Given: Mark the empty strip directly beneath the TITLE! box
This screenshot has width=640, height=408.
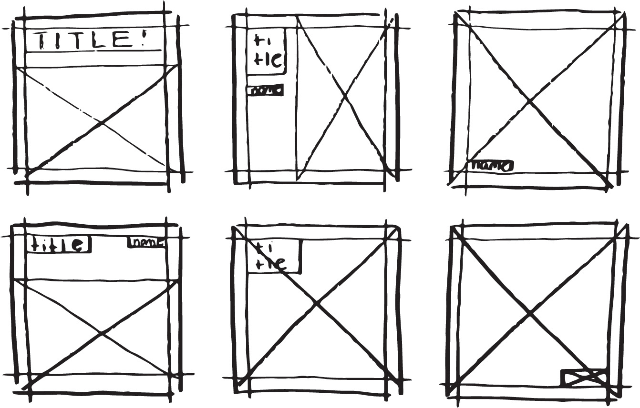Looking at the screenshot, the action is pyautogui.click(x=95, y=59).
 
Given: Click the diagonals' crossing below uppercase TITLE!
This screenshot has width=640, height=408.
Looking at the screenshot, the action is pyautogui.click(x=101, y=123).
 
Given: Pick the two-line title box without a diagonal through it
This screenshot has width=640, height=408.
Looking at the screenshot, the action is pyautogui.click(x=266, y=51).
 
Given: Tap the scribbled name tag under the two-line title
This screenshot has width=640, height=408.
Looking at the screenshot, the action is pyautogui.click(x=265, y=90).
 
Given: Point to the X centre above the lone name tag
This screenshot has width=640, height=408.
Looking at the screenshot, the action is pyautogui.click(x=529, y=101).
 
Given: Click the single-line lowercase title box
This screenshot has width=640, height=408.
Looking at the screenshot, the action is pyautogui.click(x=59, y=245).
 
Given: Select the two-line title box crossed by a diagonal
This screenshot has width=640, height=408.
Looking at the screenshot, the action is pyautogui.click(x=275, y=256).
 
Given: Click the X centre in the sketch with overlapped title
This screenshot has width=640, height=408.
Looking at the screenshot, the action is pyautogui.click(x=315, y=303).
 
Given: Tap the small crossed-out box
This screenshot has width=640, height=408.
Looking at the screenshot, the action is pyautogui.click(x=584, y=377).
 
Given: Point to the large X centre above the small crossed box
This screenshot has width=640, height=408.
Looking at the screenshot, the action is pyautogui.click(x=529, y=312).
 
